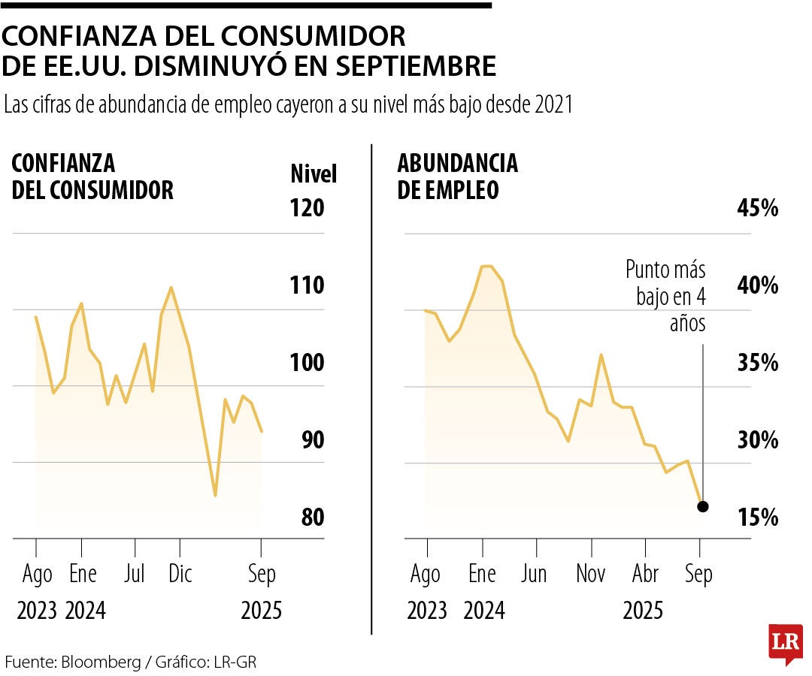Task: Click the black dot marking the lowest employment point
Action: tap(703, 506)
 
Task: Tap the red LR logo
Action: tap(784, 642)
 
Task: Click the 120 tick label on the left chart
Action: tap(307, 207)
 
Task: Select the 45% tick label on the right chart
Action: tap(757, 208)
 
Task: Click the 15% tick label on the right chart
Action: tap(757, 517)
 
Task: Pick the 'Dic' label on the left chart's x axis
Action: tap(180, 575)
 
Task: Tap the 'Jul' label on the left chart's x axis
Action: tap(134, 575)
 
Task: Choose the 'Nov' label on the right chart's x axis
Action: tap(590, 575)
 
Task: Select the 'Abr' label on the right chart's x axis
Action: tap(644, 575)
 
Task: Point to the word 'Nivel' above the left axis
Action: tap(314, 174)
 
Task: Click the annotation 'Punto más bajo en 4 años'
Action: tap(666, 296)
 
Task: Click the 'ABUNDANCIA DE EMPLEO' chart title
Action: tap(457, 176)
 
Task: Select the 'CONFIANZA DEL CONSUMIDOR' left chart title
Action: tap(92, 176)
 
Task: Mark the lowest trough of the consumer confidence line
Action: tap(215, 496)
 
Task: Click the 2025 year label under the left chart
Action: tap(261, 611)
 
